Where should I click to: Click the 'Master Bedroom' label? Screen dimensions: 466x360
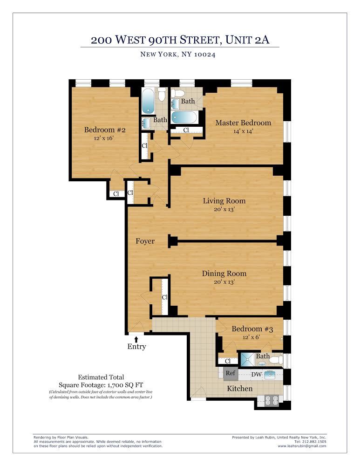tap(243, 123)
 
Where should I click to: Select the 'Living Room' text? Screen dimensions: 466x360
tap(224, 201)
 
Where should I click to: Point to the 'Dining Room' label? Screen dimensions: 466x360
tap(224, 274)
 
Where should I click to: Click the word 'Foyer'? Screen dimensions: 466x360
tap(145, 241)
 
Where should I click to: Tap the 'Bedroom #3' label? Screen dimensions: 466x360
tap(252, 329)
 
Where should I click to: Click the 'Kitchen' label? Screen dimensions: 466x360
tap(240, 388)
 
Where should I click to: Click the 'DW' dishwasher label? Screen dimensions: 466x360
tap(256, 374)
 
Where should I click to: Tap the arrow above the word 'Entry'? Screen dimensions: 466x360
tap(136, 339)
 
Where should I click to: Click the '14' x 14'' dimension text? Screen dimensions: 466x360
tap(243, 131)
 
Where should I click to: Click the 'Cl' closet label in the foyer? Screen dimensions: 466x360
tap(164, 297)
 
